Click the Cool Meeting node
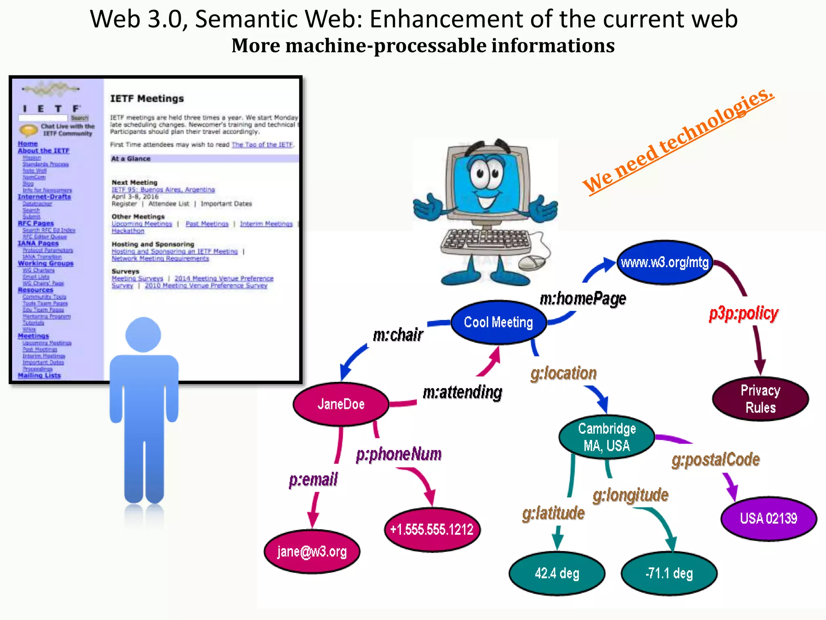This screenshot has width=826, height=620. point(499,322)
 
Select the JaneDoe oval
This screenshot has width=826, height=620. point(341,404)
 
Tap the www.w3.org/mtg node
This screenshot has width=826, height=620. point(665,263)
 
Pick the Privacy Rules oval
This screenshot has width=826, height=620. point(760,399)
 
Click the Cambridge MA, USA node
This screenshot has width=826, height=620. point(607,437)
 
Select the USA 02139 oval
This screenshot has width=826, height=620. point(768,518)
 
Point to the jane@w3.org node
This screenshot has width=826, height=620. point(312,551)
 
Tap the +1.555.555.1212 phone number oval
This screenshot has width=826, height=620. point(432,530)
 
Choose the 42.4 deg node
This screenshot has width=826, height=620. point(557,573)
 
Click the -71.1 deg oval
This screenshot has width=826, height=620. point(669,573)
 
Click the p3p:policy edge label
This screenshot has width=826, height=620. point(744,313)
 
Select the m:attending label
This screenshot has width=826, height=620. point(463,392)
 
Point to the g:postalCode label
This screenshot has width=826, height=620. point(715,460)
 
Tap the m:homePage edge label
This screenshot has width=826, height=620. point(583,299)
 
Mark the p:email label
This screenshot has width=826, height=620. point(313,480)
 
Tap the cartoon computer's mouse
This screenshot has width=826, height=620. point(532,263)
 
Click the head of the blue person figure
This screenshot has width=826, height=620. point(143,335)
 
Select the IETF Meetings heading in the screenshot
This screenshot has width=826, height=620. point(147,98)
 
